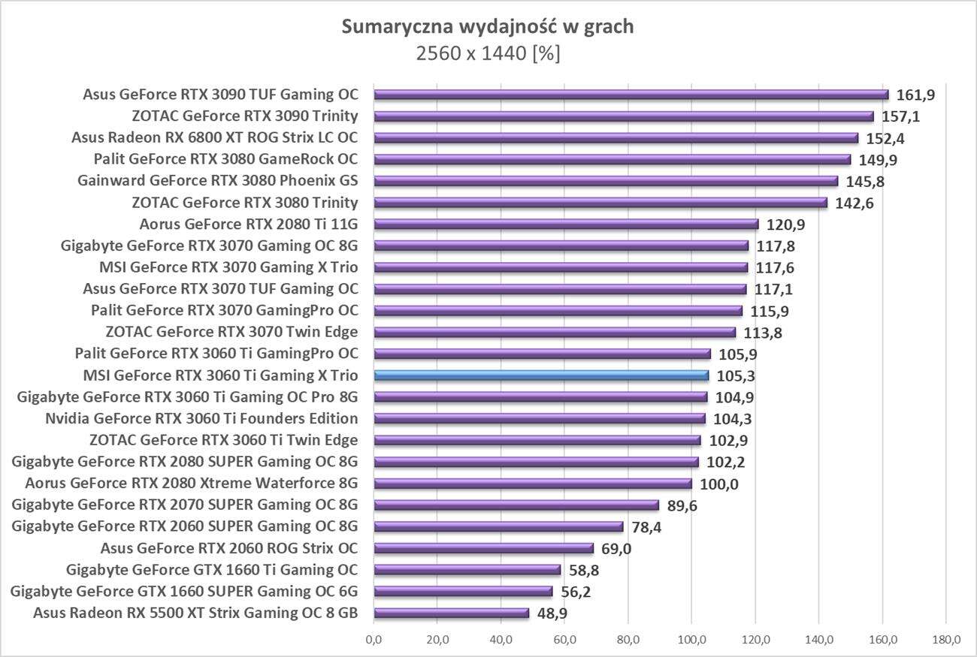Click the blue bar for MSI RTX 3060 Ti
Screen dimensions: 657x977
click(541, 375)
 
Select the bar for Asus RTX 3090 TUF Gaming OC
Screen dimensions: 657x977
click(631, 95)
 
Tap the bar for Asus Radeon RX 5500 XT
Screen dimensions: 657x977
click(451, 613)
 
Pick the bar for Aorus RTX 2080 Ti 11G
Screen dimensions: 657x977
click(566, 224)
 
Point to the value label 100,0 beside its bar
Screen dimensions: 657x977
click(719, 484)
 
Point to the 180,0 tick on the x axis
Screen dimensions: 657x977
click(945, 640)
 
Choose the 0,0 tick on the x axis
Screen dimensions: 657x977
click(374, 640)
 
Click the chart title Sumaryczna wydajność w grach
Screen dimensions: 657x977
click(488, 27)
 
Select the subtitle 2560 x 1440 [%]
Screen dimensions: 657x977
click(488, 54)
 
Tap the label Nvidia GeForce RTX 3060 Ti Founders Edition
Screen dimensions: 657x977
click(201, 419)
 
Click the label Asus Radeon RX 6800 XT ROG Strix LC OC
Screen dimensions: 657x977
click(214, 137)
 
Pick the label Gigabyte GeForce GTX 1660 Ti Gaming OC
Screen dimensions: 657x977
click(212, 570)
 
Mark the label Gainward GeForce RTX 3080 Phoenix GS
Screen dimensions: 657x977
click(217, 181)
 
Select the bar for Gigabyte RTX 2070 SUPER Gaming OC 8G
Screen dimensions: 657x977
click(516, 505)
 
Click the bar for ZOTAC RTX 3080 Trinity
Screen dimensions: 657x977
click(600, 203)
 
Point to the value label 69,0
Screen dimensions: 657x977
click(616, 549)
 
